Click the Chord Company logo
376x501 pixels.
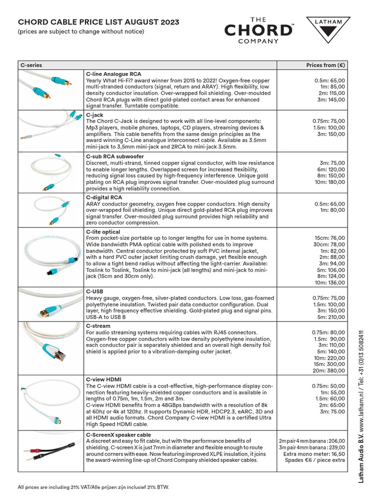(258, 30)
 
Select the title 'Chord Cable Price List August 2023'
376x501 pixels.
(98, 22)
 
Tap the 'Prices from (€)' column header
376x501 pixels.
(326, 65)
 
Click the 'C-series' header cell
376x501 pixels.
(31, 65)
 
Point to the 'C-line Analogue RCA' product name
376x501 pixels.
(114, 73)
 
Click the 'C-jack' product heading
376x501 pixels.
(94, 115)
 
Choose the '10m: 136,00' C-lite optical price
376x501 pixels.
(329, 282)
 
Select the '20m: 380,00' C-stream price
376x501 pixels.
(329, 370)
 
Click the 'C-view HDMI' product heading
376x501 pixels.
(104, 379)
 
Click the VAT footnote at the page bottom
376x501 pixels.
(93, 487)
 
